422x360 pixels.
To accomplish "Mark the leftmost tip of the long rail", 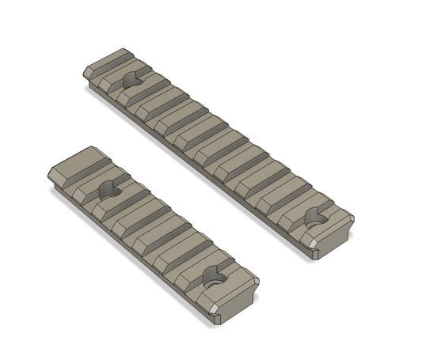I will click(x=83, y=74).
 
